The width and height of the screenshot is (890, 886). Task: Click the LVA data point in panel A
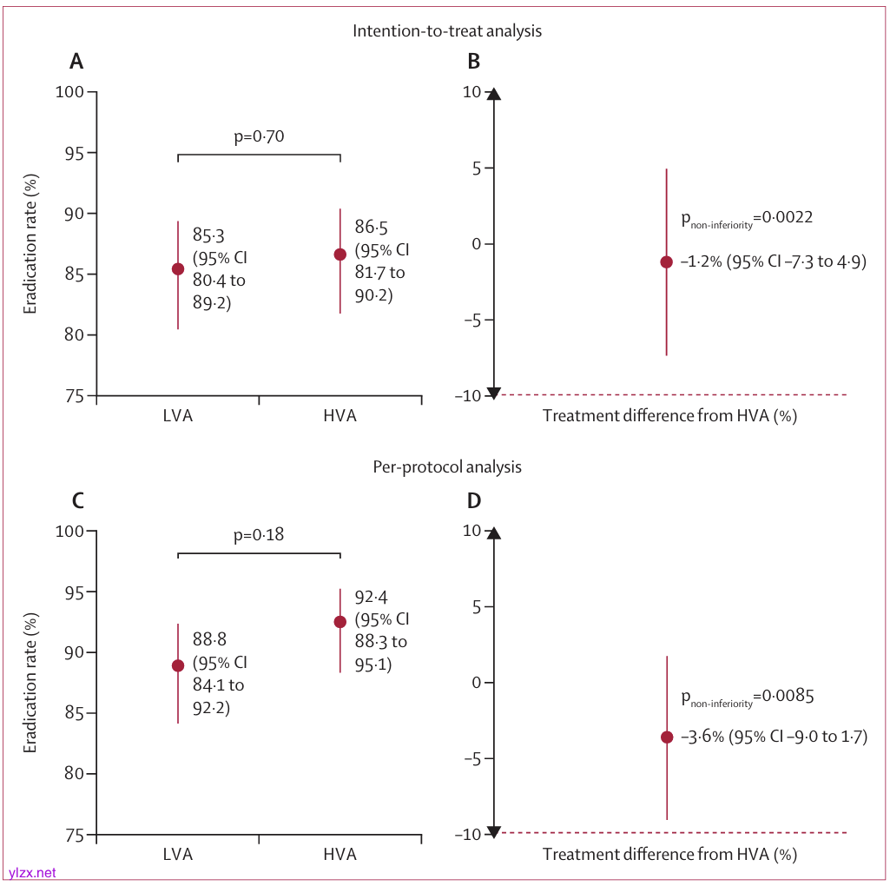(x=178, y=268)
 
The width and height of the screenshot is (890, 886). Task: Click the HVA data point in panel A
(x=340, y=254)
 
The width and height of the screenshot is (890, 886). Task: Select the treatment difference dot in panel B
(x=666, y=261)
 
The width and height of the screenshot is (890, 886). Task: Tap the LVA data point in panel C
(x=178, y=665)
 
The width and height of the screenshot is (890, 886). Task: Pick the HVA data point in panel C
(x=340, y=621)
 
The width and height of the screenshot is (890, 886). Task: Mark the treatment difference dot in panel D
(x=666, y=737)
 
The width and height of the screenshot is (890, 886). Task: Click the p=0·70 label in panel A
(x=260, y=136)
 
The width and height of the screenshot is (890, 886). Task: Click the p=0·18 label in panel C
(x=260, y=535)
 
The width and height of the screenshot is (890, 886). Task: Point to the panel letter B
(x=473, y=62)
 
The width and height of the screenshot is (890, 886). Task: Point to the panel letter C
(x=77, y=500)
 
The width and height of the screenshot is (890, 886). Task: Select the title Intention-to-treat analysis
(x=447, y=30)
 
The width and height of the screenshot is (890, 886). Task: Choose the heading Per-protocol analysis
(x=447, y=466)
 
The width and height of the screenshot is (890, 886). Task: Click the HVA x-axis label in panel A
(x=340, y=415)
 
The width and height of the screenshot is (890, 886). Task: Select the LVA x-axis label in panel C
(x=178, y=854)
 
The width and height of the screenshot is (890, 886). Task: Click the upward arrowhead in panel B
(x=493, y=94)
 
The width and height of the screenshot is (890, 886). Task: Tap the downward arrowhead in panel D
(x=493, y=831)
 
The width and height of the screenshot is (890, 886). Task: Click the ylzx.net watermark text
(x=32, y=872)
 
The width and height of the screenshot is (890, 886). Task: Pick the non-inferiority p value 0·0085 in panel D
(x=788, y=697)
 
